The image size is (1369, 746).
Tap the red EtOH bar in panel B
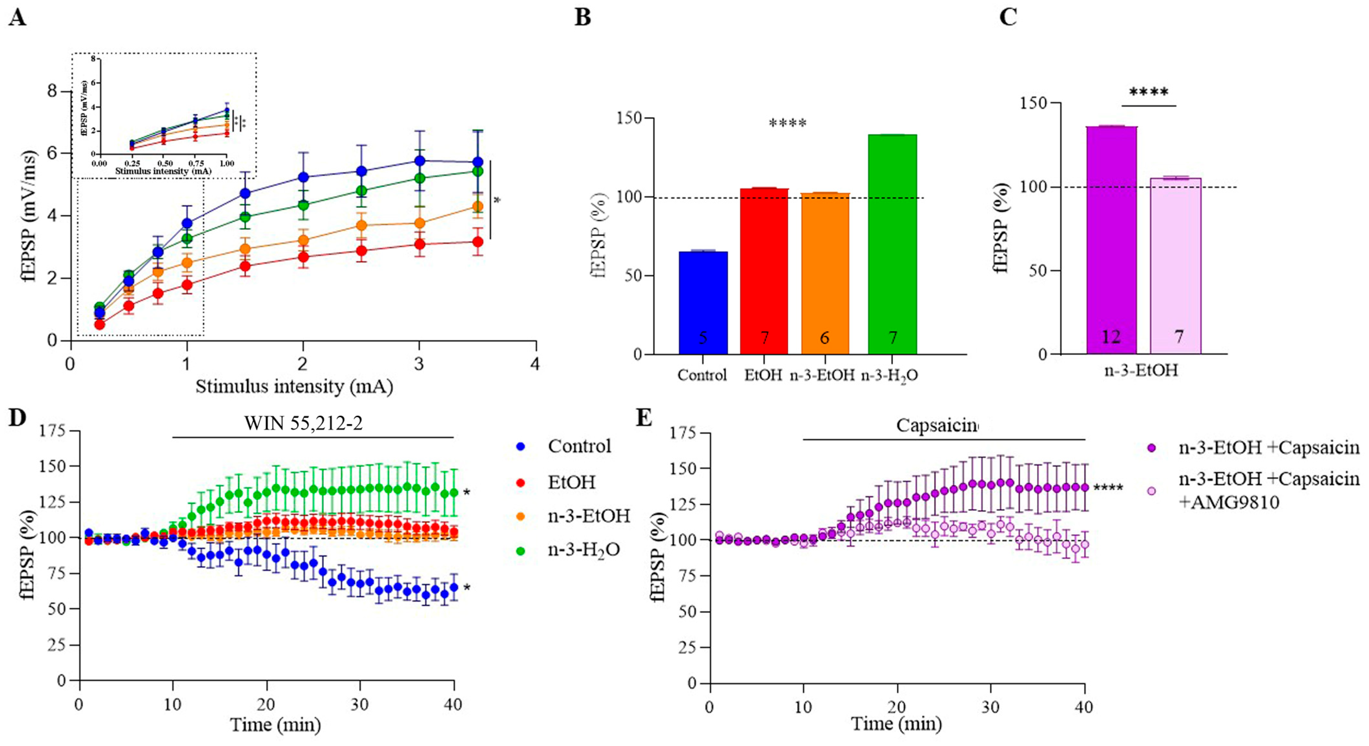(764, 271)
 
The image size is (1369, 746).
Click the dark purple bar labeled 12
(1111, 240)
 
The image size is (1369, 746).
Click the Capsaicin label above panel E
(937, 425)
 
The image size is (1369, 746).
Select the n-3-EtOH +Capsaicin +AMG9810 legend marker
(1151, 491)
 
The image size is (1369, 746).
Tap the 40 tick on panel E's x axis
(1084, 707)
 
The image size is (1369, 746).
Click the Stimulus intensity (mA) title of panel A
(294, 387)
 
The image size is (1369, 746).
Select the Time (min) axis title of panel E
(896, 724)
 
